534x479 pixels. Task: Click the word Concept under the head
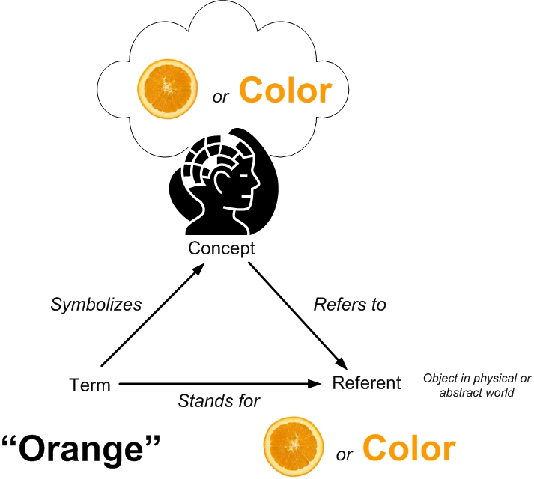click(222, 248)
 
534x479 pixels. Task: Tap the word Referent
click(367, 383)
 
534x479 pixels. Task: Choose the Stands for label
click(219, 402)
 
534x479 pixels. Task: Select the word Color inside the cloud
click(285, 91)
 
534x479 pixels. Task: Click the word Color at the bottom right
click(409, 448)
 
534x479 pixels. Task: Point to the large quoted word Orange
click(82, 448)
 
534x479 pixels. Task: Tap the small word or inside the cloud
click(220, 97)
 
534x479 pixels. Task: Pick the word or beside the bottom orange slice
click(345, 454)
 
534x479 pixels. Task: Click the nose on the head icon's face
click(258, 184)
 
